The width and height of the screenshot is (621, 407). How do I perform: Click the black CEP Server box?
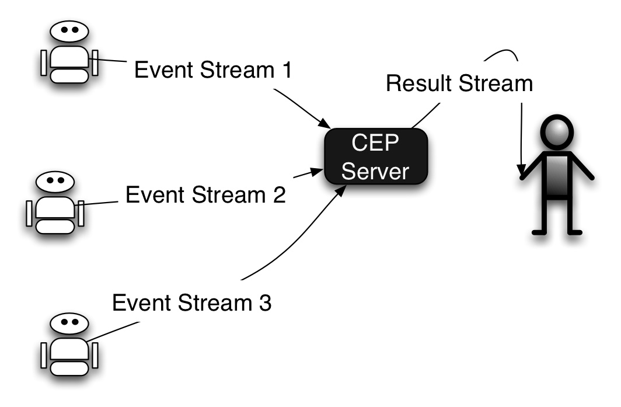point(376,156)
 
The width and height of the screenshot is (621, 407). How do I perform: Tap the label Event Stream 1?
point(212,71)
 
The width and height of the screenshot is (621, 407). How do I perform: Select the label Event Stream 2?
point(205,194)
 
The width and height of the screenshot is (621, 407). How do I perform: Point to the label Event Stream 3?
point(191,304)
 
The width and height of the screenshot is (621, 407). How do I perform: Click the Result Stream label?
point(459,84)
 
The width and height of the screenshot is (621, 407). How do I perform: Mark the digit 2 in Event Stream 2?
point(278,194)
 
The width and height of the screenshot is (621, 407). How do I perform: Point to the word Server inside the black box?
point(376,171)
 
